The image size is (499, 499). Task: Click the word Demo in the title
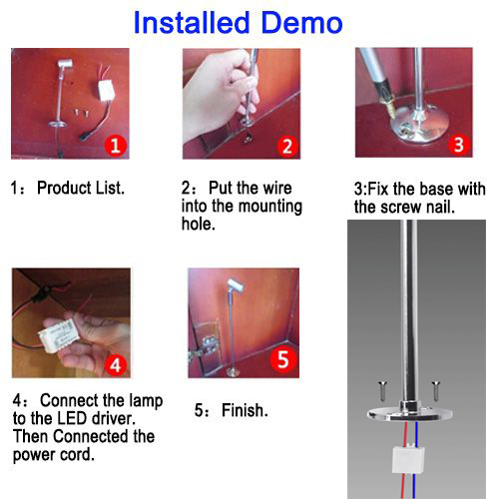point(301,23)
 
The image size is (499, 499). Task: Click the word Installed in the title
point(192,23)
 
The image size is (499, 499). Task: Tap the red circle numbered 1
point(116,146)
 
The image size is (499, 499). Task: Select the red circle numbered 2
point(287,146)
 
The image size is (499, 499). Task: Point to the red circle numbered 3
point(459,145)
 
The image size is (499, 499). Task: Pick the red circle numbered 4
point(116,365)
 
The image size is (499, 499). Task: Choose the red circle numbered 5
point(283,359)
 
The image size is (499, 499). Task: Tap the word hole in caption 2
point(198,224)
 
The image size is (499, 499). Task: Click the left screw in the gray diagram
point(382,391)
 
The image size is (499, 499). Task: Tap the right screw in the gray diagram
point(436,391)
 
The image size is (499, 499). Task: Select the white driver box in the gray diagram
point(409,459)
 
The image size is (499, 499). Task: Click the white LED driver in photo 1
point(107,90)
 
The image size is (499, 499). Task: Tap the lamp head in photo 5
point(236,284)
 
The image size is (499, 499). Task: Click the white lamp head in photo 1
point(65,63)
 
